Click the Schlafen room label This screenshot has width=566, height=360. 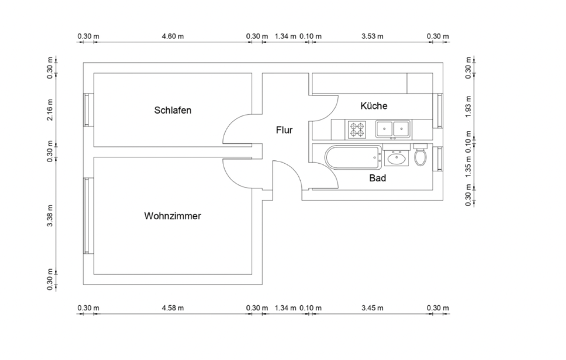(173, 110)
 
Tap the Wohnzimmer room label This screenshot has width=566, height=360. (172, 216)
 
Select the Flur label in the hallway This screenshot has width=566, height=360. (284, 130)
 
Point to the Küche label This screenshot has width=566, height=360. (374, 106)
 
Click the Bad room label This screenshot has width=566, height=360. (377, 178)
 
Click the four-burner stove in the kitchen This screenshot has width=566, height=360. (357, 128)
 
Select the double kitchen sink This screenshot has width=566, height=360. (393, 128)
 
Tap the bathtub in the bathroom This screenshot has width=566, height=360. (353, 158)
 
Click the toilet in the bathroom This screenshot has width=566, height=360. (420, 156)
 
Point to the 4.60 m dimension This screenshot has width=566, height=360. (173, 37)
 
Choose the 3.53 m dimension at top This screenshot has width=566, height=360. (372, 37)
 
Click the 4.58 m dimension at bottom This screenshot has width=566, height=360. (173, 308)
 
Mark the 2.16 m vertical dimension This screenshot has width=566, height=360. (51, 109)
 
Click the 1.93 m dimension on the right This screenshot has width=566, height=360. (468, 107)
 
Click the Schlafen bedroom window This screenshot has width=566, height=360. (87, 110)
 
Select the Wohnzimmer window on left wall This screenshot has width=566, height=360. (87, 216)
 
